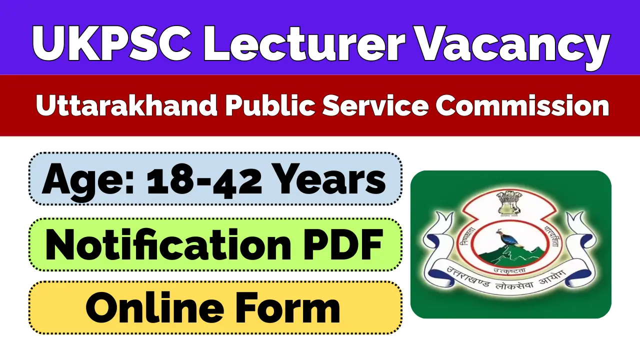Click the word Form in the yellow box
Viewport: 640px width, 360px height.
[292, 308]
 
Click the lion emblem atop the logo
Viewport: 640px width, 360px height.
[510, 201]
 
